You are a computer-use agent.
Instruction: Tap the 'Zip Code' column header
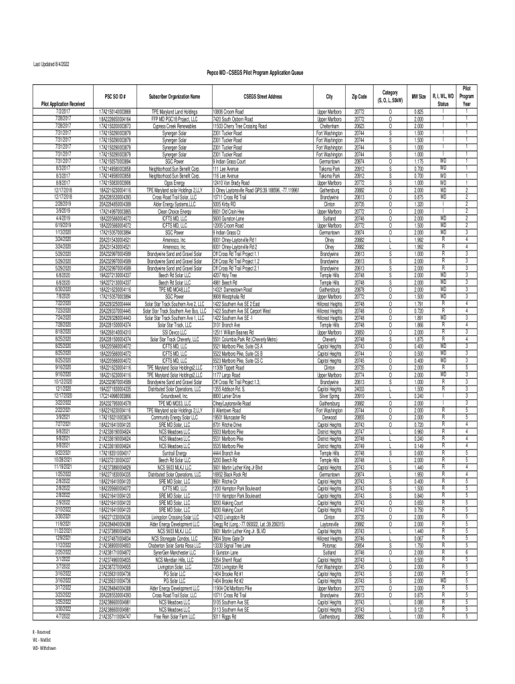[359, 97]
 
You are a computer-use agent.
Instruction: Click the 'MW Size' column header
[419, 97]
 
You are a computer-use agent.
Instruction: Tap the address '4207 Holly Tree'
[225, 275]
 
